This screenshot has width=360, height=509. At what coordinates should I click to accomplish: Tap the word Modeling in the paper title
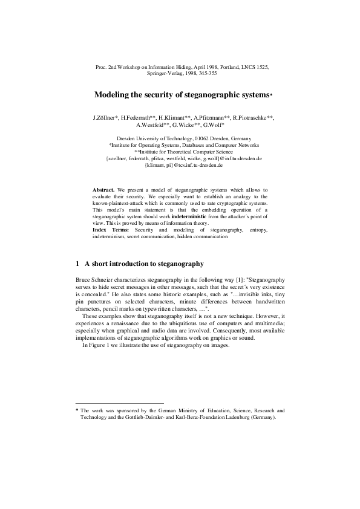(113, 95)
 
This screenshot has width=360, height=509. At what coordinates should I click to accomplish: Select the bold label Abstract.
(103, 190)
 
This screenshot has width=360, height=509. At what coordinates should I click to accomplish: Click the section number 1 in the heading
(77, 265)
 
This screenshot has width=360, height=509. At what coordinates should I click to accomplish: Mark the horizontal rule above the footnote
(119, 403)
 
